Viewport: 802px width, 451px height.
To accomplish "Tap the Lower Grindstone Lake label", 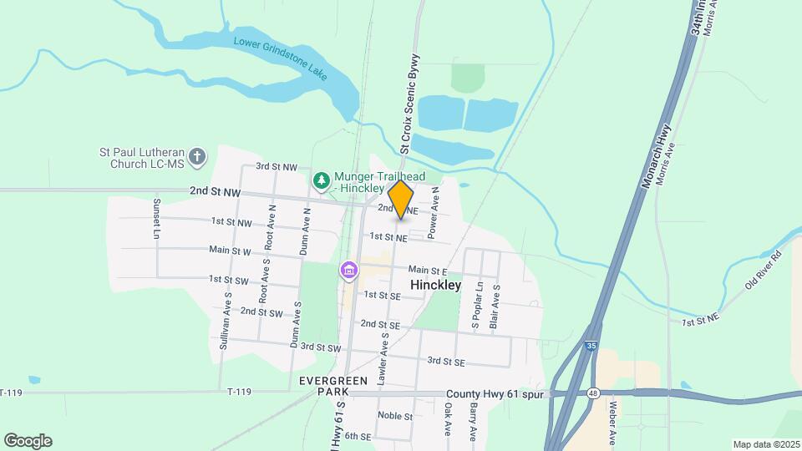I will (x=280, y=58).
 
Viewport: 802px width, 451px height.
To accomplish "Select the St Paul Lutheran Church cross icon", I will (x=196, y=156).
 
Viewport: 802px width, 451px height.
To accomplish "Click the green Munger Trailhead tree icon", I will (x=322, y=180).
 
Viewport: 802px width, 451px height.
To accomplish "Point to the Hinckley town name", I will (x=436, y=285).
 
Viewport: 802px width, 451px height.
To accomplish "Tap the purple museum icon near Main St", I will (x=348, y=271).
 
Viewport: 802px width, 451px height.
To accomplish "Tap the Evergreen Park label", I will (x=334, y=386).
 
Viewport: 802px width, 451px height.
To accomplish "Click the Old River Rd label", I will (x=762, y=270).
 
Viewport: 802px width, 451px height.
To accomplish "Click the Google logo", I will (x=28, y=440).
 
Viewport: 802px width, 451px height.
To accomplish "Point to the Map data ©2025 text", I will (x=765, y=444).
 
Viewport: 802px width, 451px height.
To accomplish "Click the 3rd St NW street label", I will (x=277, y=167).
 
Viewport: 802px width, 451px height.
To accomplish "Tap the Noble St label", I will (x=395, y=416).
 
